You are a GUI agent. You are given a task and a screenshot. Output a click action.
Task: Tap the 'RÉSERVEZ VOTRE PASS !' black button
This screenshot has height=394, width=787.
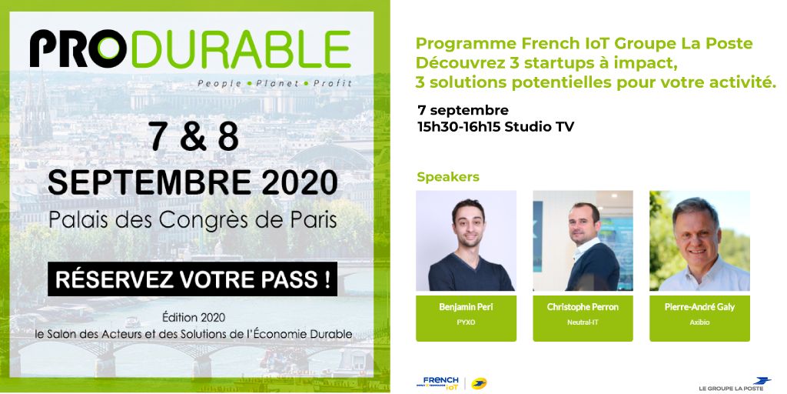pos(192,279)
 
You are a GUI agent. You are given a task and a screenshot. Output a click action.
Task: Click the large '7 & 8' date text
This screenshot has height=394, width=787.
pos(192,136)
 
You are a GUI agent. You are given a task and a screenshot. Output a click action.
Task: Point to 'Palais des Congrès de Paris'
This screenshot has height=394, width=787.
pos(192,219)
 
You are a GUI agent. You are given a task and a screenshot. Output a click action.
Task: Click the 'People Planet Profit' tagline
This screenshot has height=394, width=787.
pos(274,82)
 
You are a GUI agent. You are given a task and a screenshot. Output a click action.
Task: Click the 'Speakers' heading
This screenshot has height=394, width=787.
pos(447,177)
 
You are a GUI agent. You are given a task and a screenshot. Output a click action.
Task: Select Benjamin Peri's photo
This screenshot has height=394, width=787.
pos(466,241)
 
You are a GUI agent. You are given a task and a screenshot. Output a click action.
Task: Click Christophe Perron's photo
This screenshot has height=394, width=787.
pos(583,241)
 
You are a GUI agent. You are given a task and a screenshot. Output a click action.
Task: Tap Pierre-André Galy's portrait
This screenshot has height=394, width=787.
pos(699,241)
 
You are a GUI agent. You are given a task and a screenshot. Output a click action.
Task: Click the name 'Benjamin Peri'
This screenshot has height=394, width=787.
pos(466,307)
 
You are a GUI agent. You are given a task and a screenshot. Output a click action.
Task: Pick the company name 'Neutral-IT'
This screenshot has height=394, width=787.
pos(583,322)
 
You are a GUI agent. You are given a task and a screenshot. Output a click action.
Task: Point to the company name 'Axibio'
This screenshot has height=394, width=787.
pos(699,322)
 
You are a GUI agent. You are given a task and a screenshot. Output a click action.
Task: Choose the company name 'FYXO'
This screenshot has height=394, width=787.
pos(466,322)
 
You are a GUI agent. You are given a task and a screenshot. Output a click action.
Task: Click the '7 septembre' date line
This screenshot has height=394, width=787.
pos(463,109)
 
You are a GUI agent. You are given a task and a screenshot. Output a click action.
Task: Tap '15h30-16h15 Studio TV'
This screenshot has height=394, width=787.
pos(496,126)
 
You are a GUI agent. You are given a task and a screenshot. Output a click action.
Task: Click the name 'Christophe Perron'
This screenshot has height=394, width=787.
pos(583,307)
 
